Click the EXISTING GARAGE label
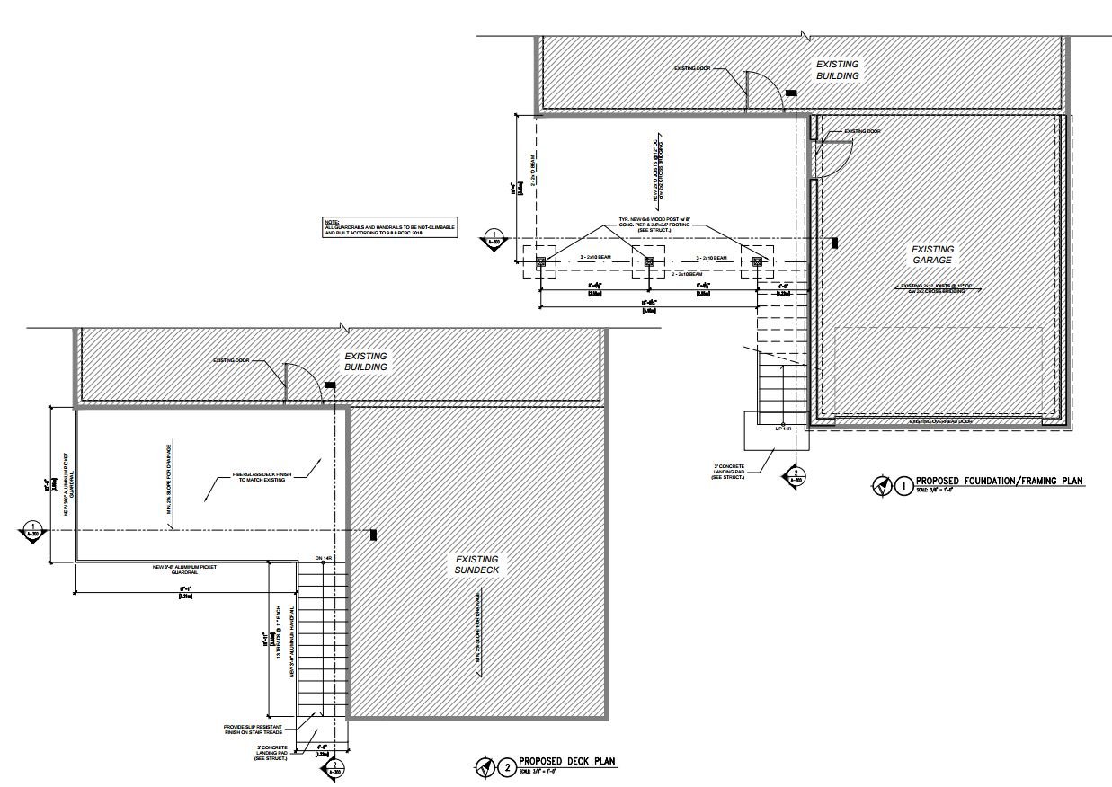[x=932, y=254]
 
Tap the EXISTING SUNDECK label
[x=476, y=564]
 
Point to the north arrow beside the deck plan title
[x=485, y=767]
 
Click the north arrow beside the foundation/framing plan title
[x=880, y=486]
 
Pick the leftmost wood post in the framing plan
[x=541, y=262]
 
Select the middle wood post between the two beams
[x=648, y=262]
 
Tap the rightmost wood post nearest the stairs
[x=757, y=262]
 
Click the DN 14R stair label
[x=325, y=559]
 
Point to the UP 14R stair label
[x=783, y=429]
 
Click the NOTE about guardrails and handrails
[x=389, y=228]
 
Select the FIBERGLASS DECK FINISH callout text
[x=259, y=476]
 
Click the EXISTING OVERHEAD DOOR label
[x=940, y=421]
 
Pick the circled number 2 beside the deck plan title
[x=508, y=767]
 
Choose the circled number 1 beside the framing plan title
[x=903, y=486]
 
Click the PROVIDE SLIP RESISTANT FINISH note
[x=255, y=730]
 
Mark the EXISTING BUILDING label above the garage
[x=837, y=70]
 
